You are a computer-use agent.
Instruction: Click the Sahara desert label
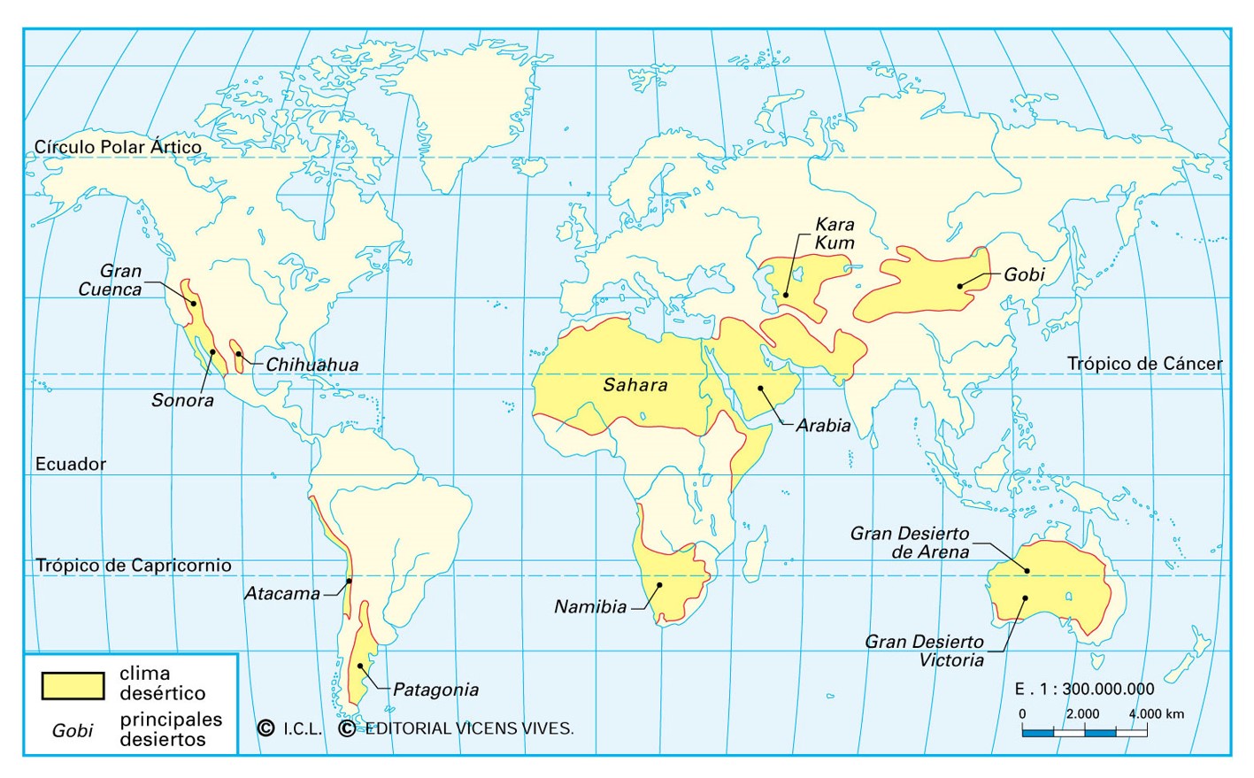pos(635,385)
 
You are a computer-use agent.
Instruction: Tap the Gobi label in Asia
pos(1024,274)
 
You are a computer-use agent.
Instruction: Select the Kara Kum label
pos(835,234)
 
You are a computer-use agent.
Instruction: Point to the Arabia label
pos(823,426)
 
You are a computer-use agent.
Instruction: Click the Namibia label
pos(590,607)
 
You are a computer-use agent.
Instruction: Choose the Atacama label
pos(282,594)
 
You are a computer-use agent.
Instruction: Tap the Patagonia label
pos(435,689)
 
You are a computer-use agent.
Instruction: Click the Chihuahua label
pos(312,365)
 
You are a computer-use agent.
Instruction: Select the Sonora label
pos(182,400)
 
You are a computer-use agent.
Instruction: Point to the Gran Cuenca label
pos(111,281)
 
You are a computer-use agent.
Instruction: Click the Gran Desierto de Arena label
pos(910,543)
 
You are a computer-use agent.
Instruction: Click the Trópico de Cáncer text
pos(1144,364)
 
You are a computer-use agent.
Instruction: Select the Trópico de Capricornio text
pos(133,566)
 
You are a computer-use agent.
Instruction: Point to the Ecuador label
pos(71,464)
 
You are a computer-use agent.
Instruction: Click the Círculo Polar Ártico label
pos(118,147)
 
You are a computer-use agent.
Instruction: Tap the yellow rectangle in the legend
pos(73,685)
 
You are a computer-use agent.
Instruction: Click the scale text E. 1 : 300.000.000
pos(1084,689)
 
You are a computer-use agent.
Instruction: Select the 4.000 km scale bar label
pos(1156,714)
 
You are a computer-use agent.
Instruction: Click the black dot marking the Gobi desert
pos(960,286)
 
